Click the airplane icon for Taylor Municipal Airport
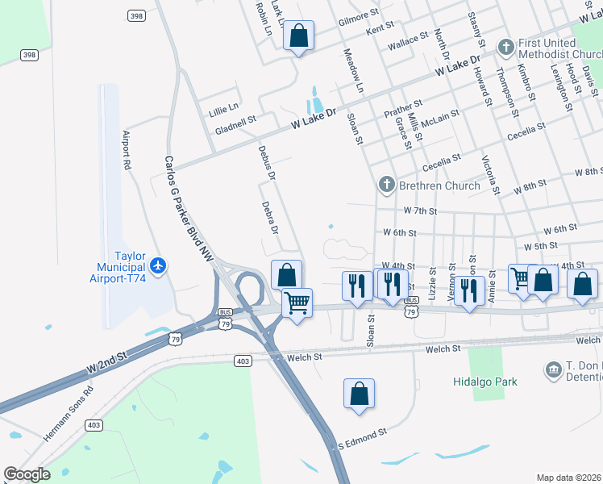pos(159,265)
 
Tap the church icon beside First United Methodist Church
pos(505,46)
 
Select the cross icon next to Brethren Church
pos(386,186)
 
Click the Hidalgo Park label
pos(484,381)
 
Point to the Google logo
pos(27,474)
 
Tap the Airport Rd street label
pos(127,150)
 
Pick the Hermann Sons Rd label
pos(69,412)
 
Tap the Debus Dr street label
pos(266,162)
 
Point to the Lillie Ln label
pos(223,106)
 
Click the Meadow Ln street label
pos(354,71)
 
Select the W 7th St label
pos(419,211)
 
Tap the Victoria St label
pos(490,175)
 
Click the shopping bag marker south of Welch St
pos(360,394)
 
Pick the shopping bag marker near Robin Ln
pos(298,35)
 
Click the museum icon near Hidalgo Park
pos(553,370)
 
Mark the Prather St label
pos(403,109)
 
